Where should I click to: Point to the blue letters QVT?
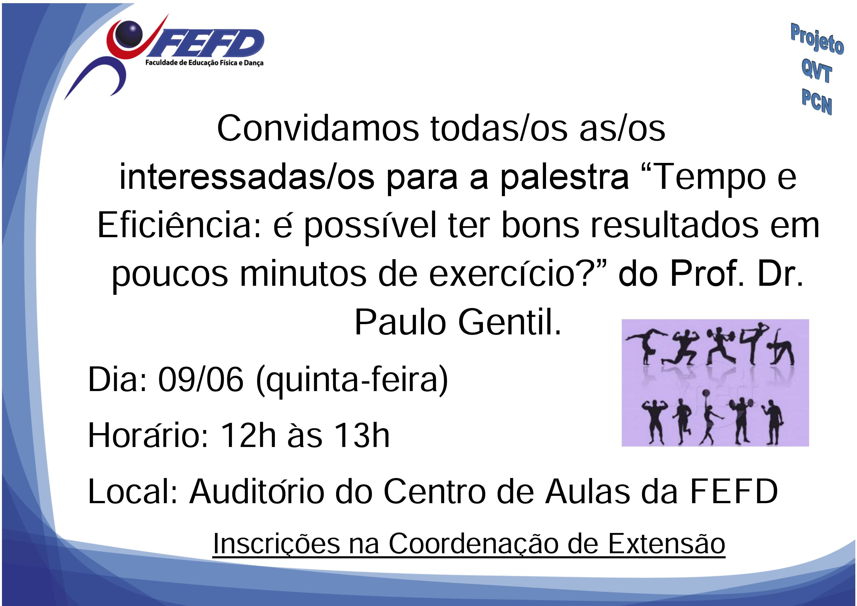[x=816, y=71]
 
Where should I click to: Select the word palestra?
[x=564, y=178]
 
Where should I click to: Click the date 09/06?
[x=201, y=380]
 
